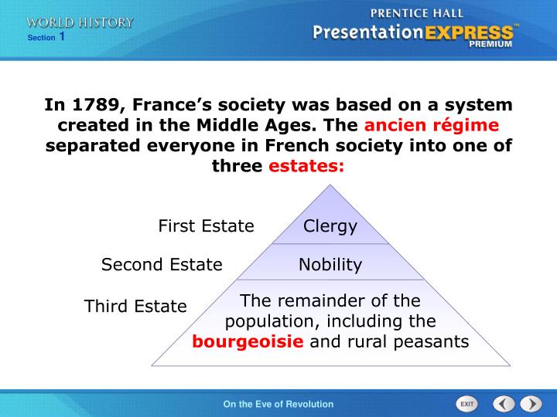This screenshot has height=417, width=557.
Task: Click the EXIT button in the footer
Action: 466,404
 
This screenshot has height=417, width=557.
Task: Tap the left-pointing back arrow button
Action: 504,404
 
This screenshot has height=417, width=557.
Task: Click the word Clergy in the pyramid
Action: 330,226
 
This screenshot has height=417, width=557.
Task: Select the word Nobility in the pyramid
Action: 330,265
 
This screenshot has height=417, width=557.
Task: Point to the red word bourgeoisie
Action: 248,341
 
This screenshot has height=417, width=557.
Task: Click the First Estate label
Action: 206,226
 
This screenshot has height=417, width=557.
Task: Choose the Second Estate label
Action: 162,265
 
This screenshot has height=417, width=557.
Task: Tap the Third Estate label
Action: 135,307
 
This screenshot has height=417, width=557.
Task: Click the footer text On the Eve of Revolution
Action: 278,404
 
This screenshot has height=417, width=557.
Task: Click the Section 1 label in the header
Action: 46,37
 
